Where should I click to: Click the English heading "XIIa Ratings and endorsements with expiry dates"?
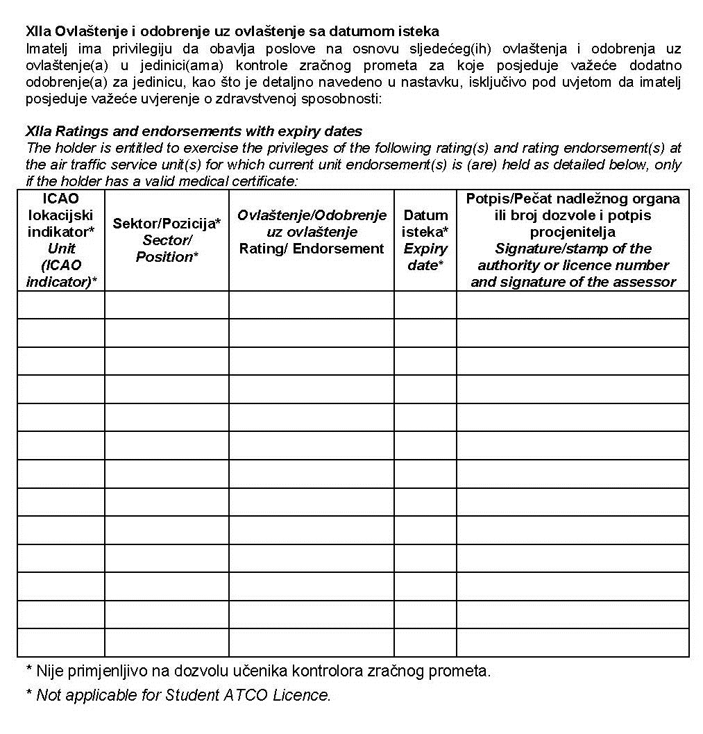point(194,131)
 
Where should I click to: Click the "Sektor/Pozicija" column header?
point(167,224)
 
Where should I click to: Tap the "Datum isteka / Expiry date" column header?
point(425,240)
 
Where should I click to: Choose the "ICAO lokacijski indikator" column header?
point(61,215)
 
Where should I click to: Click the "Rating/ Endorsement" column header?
point(312,249)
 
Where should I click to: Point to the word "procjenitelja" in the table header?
point(573,232)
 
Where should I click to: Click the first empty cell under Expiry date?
point(425,305)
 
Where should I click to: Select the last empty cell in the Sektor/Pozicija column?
point(167,642)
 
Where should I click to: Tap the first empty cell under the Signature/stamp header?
point(573,305)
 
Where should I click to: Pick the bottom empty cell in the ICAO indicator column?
point(61,642)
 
